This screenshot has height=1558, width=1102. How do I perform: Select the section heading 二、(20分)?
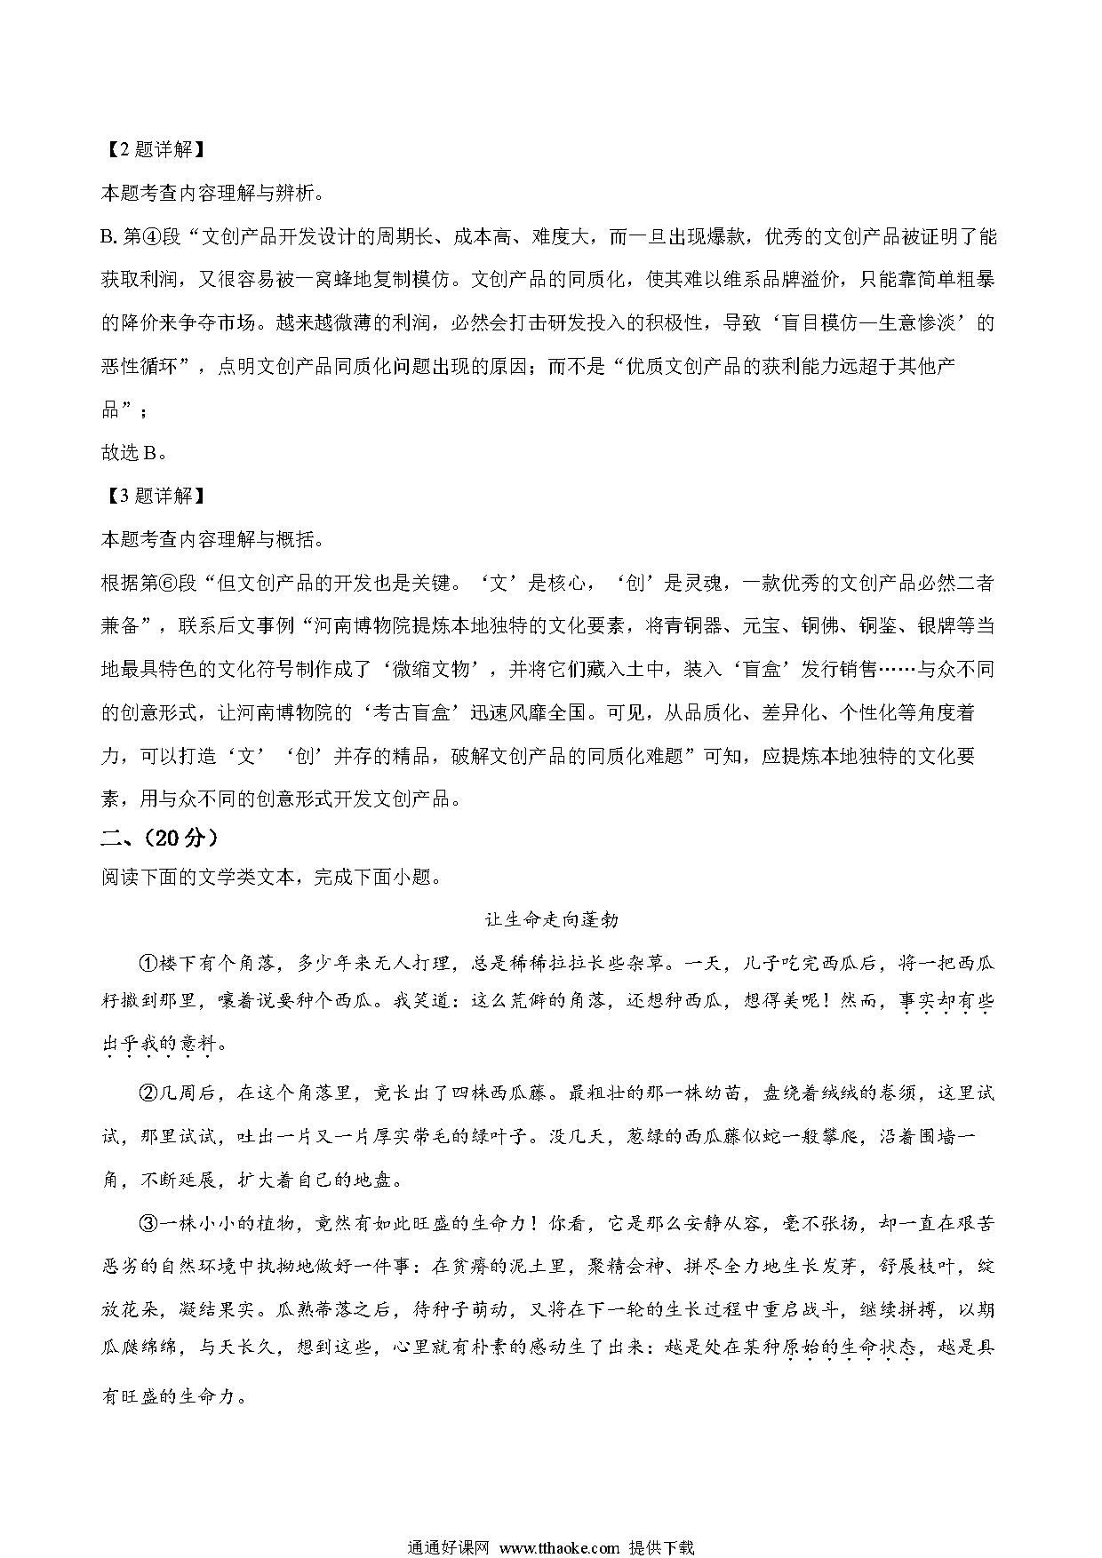[160, 837]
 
